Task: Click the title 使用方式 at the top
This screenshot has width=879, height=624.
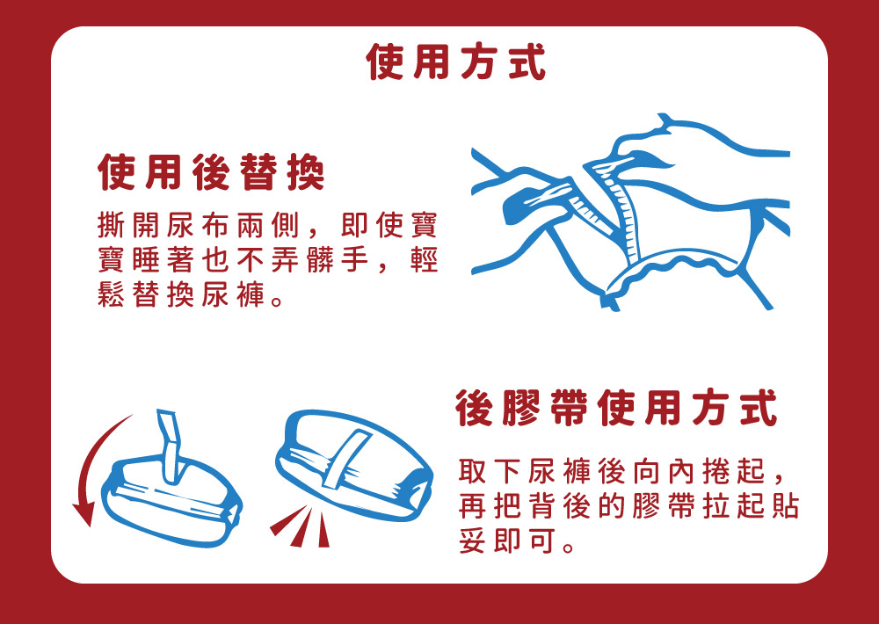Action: click(455, 62)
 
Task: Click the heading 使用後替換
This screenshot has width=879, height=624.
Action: click(211, 172)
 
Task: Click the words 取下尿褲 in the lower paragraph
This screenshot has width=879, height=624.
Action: click(524, 471)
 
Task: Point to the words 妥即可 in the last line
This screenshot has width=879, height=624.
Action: click(507, 541)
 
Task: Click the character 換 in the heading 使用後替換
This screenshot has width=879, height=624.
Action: click(306, 172)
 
